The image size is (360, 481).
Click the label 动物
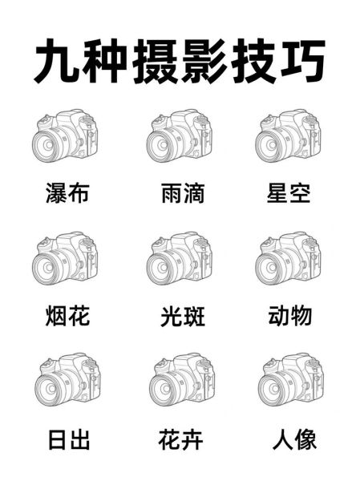click(289, 316)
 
